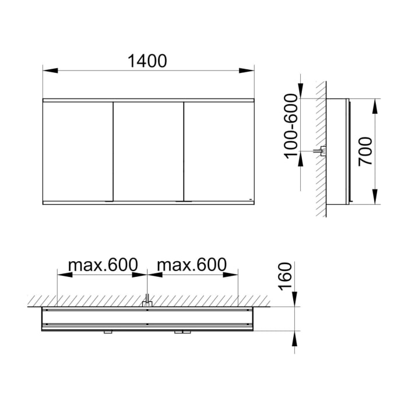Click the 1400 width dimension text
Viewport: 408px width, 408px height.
[x=148, y=61]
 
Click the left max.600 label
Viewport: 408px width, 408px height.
[x=103, y=265]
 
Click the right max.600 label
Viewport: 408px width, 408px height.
[x=192, y=265]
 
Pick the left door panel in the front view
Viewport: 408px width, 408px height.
[x=78, y=152]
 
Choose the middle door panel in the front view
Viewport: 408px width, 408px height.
[x=148, y=152]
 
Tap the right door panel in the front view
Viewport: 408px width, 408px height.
[x=219, y=152]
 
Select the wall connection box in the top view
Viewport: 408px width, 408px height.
[x=148, y=302]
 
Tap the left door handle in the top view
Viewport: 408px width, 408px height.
[x=108, y=332]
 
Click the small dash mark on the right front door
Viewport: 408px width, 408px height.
[x=248, y=199]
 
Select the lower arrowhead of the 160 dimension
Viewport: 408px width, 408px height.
[x=294, y=337]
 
